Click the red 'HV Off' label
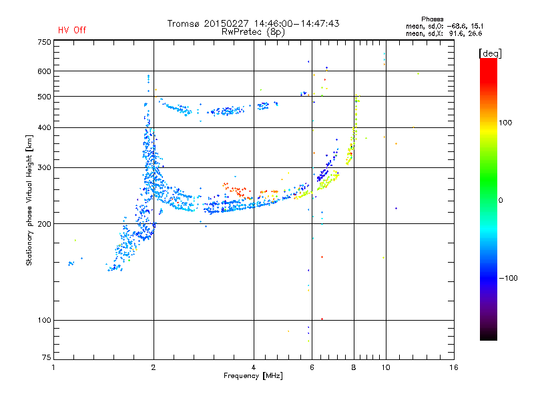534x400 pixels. coord(72,30)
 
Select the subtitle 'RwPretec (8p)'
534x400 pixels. coord(253,32)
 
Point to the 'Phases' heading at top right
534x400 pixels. coord(432,19)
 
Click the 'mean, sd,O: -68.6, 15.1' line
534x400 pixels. coord(445,26)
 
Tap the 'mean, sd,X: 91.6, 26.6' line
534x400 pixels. coord(444,33)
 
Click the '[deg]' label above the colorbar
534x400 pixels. coord(490,54)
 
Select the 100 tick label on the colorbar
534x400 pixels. coord(505,123)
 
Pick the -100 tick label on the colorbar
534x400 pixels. coord(508,278)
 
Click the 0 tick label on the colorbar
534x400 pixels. coord(501,201)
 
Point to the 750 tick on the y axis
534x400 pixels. coord(44,42)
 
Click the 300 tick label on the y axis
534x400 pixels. coord(44,167)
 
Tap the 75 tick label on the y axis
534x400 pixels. coord(47,357)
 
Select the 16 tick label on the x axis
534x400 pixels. coord(454,367)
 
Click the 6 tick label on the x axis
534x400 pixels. coord(312,367)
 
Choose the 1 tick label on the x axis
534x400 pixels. coord(53,367)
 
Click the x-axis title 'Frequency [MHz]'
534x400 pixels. coord(253,376)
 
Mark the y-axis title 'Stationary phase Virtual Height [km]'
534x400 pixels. coord(29,200)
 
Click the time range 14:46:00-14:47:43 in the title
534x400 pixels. coord(296,23)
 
